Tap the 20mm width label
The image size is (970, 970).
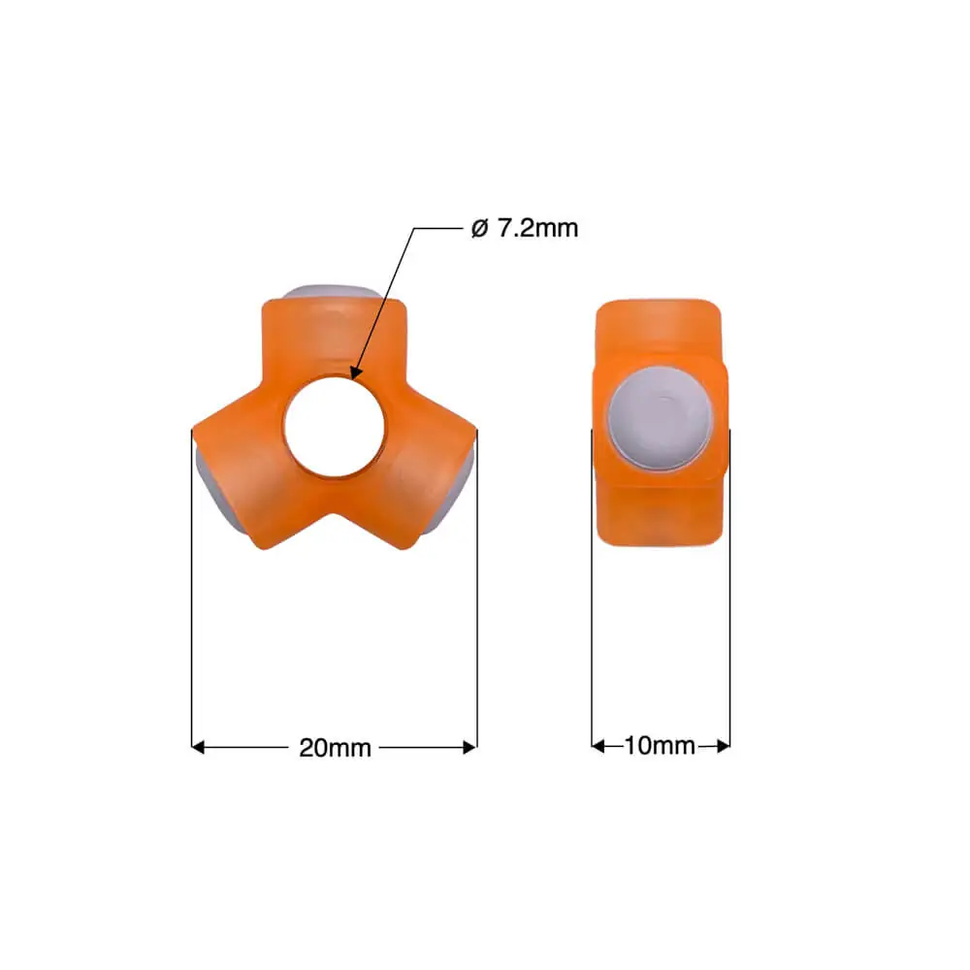335,747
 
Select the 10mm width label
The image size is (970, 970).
660,746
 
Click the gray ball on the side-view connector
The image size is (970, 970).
660,418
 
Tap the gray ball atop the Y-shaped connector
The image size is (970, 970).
332,293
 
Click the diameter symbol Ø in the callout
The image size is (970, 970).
477,229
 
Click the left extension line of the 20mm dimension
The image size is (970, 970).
192,601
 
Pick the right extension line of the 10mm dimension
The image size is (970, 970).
729,601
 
